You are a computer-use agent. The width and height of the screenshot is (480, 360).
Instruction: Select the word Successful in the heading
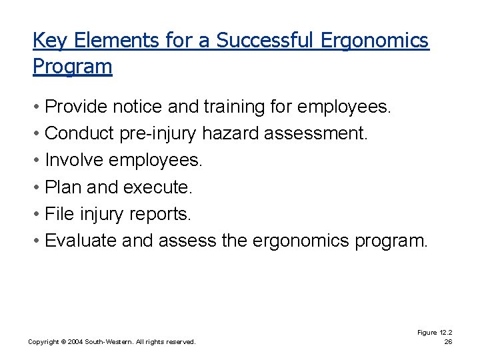(x=264, y=41)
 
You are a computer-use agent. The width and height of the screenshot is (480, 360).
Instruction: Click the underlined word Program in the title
(x=72, y=67)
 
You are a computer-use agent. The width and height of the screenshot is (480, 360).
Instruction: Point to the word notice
(x=138, y=107)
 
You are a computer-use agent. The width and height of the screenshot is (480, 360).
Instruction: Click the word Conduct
(x=79, y=133)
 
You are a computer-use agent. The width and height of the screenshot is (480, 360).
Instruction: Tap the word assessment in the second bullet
(x=315, y=133)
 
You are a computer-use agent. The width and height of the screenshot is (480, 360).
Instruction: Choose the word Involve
(x=73, y=160)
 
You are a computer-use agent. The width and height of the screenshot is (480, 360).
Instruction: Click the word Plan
(x=63, y=187)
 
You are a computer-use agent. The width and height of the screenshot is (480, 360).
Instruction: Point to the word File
(x=59, y=214)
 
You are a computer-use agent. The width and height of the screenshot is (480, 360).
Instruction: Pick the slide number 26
(x=448, y=342)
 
